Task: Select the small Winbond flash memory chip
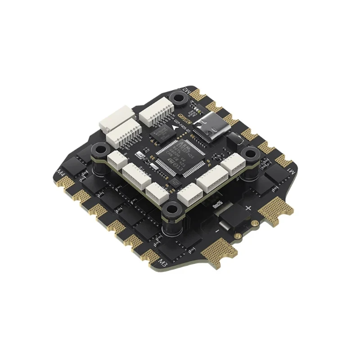click(x=159, y=134)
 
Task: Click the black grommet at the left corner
click(x=99, y=150)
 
